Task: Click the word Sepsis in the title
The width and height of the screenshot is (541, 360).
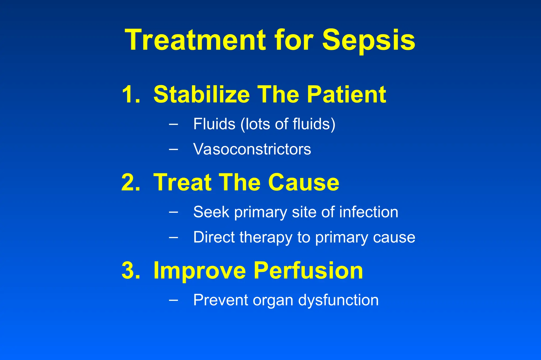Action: pos(369,40)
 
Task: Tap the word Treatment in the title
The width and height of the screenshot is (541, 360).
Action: pos(195,40)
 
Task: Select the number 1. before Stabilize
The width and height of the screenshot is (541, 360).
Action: pos(131,94)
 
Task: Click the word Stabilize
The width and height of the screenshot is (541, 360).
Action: pos(202,94)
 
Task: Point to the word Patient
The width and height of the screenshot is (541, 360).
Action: pos(346,94)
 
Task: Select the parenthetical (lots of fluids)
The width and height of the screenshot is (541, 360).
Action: pos(288,124)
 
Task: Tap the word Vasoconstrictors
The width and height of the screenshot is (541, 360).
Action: pos(252,149)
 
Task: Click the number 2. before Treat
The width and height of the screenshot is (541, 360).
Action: pos(131,182)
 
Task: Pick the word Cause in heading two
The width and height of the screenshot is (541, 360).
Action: pos(304,182)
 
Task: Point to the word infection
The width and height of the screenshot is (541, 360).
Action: pos(369,212)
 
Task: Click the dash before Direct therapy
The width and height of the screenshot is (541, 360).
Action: pos(173,237)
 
